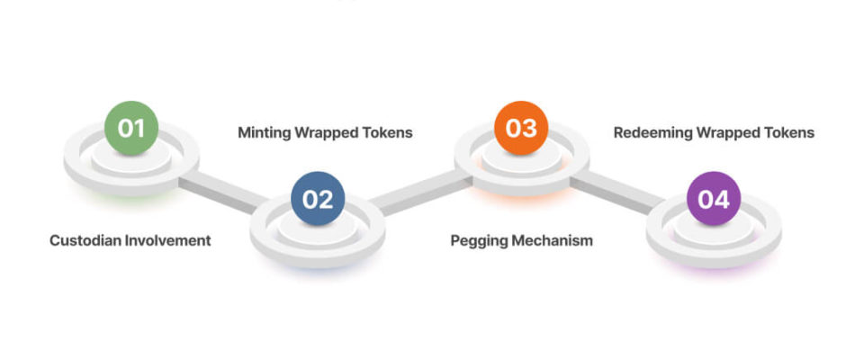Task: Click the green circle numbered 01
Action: [x=131, y=128]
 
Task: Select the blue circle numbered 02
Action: [x=318, y=199]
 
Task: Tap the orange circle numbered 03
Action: [x=521, y=128]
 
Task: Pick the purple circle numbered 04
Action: [x=714, y=199]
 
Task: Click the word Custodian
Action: [x=85, y=240]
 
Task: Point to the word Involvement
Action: [x=167, y=240]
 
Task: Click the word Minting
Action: [x=265, y=133]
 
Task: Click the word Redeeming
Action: [x=649, y=133]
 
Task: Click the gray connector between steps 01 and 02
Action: [x=222, y=193]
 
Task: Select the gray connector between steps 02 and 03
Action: [x=421, y=193]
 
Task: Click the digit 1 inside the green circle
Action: [x=139, y=129]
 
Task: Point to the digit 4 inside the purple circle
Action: [x=722, y=200]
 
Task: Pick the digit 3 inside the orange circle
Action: [x=529, y=129]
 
